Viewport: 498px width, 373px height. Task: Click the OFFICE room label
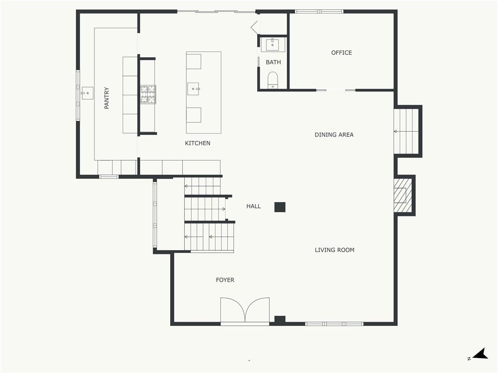pos(341,52)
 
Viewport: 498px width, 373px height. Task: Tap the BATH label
pos(273,62)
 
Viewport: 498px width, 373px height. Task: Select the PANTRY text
pos(107,98)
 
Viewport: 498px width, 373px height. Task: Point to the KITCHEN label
pos(197,143)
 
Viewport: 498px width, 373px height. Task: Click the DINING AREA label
pos(334,135)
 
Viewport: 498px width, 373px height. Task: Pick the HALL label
pos(253,206)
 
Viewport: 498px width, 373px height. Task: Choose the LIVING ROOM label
pos(335,250)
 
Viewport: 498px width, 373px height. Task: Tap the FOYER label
pos(225,280)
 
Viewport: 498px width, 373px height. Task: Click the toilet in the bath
pos(273,80)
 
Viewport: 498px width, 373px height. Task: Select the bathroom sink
pos(272,45)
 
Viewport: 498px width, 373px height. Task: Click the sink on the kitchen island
pos(193,89)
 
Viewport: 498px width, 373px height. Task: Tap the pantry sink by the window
pos(87,93)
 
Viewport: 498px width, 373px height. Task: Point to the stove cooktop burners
pos(148,94)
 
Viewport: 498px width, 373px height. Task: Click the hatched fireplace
pos(403,195)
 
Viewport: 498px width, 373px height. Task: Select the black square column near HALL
pos(280,207)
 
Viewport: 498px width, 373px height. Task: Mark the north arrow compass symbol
pos(479,354)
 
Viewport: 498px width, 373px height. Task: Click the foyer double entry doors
pos(245,310)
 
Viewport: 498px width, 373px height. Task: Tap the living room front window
pos(334,324)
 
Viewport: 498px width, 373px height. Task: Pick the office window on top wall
pos(319,12)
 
